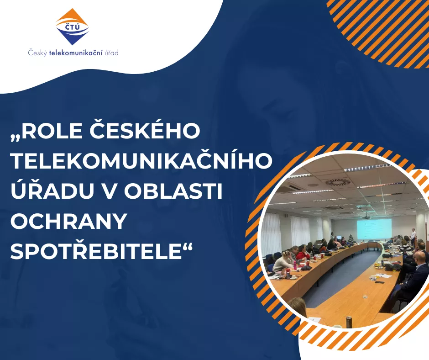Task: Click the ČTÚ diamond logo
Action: click(x=72, y=26)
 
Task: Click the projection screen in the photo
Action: click(x=374, y=228)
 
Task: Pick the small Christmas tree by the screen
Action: click(x=351, y=238)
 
